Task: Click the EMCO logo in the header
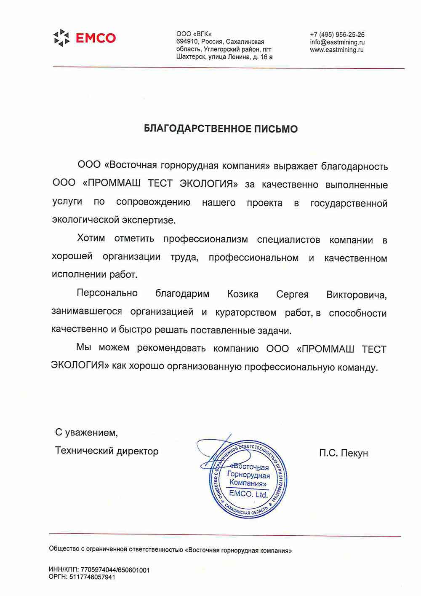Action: pos(85,38)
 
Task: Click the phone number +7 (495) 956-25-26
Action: pos(337,35)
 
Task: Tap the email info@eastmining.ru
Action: pos(337,42)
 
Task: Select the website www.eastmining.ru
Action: pos(336,50)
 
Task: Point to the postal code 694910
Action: pos(187,42)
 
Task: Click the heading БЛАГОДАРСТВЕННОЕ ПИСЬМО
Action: pos(221,129)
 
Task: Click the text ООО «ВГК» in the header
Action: pos(194,34)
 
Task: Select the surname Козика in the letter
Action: pos(242,294)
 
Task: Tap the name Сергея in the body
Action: pos(292,295)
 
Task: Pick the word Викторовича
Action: pos(356,295)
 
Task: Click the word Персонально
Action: pos(107,293)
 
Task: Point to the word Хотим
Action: pos(91,238)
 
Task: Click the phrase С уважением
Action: pos(86,432)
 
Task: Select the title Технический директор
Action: pos(107,451)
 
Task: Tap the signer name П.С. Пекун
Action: pos(343,453)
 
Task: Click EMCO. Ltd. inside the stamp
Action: pos(248,494)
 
